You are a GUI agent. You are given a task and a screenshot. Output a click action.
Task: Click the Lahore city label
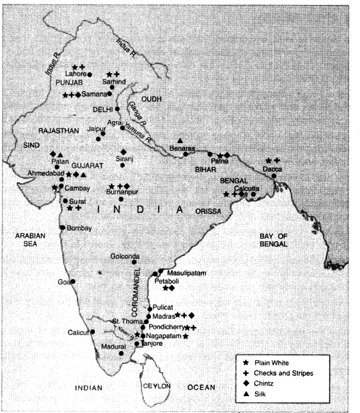[x=75, y=74]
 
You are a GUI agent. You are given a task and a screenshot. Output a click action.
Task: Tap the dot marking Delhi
[x=117, y=109]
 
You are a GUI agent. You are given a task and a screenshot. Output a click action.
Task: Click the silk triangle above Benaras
[x=180, y=141]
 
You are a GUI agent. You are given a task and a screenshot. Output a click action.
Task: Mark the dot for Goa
[x=73, y=281]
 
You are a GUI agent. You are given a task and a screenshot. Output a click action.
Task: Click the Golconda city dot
[x=134, y=262]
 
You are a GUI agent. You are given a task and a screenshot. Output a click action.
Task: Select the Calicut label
[x=78, y=332]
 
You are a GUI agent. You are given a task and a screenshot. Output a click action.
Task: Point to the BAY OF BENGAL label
[x=274, y=239]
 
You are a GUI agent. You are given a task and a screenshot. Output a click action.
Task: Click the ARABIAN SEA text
[x=31, y=239]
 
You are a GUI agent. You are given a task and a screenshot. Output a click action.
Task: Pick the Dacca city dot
[x=274, y=176]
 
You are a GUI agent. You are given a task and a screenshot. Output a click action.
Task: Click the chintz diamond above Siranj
[x=123, y=152]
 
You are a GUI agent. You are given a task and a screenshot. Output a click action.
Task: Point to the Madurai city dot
[x=122, y=353]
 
